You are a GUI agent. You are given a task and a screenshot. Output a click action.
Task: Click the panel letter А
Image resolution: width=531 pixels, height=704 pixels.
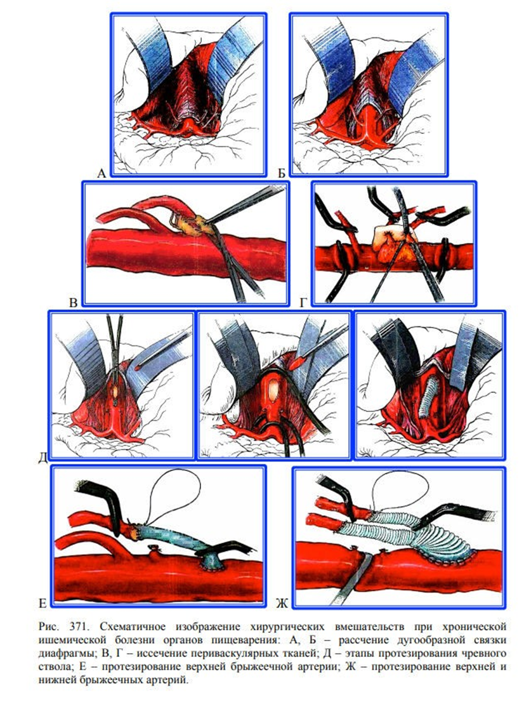click(102, 173)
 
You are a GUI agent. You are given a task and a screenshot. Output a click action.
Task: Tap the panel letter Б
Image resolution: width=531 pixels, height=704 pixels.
click(282, 173)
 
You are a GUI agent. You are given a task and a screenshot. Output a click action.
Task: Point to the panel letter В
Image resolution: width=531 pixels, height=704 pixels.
click(74, 303)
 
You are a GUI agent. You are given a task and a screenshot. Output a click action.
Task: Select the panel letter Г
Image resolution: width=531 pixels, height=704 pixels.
click(303, 303)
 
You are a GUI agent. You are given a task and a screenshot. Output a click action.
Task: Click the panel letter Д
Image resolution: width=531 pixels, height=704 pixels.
click(43, 458)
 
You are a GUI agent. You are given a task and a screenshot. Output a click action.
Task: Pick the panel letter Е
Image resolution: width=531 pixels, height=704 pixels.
click(43, 604)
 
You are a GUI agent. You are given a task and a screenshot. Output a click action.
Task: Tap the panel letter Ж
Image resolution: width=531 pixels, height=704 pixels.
click(282, 604)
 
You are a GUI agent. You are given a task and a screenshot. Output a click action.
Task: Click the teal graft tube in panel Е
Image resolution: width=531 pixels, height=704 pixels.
click(176, 539)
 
